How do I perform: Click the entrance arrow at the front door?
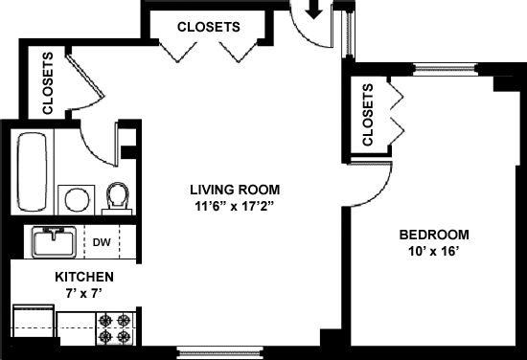pyautogui.click(x=314, y=10)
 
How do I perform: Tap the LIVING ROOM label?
pyautogui.click(x=235, y=190)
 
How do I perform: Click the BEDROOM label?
pyautogui.click(x=434, y=235)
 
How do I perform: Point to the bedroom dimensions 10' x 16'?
pyautogui.click(x=433, y=251)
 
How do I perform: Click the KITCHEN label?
pyautogui.click(x=84, y=277)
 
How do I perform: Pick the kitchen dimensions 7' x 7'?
pyautogui.click(x=83, y=294)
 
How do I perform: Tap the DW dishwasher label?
pyautogui.click(x=102, y=242)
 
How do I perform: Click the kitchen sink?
pyautogui.click(x=54, y=242)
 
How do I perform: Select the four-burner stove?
pyautogui.click(x=115, y=328)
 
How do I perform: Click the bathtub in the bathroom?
pyautogui.click(x=32, y=172)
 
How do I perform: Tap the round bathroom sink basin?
pyautogui.click(x=77, y=199)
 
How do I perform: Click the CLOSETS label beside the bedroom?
pyautogui.click(x=368, y=115)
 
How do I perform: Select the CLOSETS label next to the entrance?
pyautogui.click(x=209, y=27)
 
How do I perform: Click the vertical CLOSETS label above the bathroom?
pyautogui.click(x=48, y=83)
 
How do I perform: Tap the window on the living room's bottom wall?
pyautogui.click(x=219, y=352)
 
